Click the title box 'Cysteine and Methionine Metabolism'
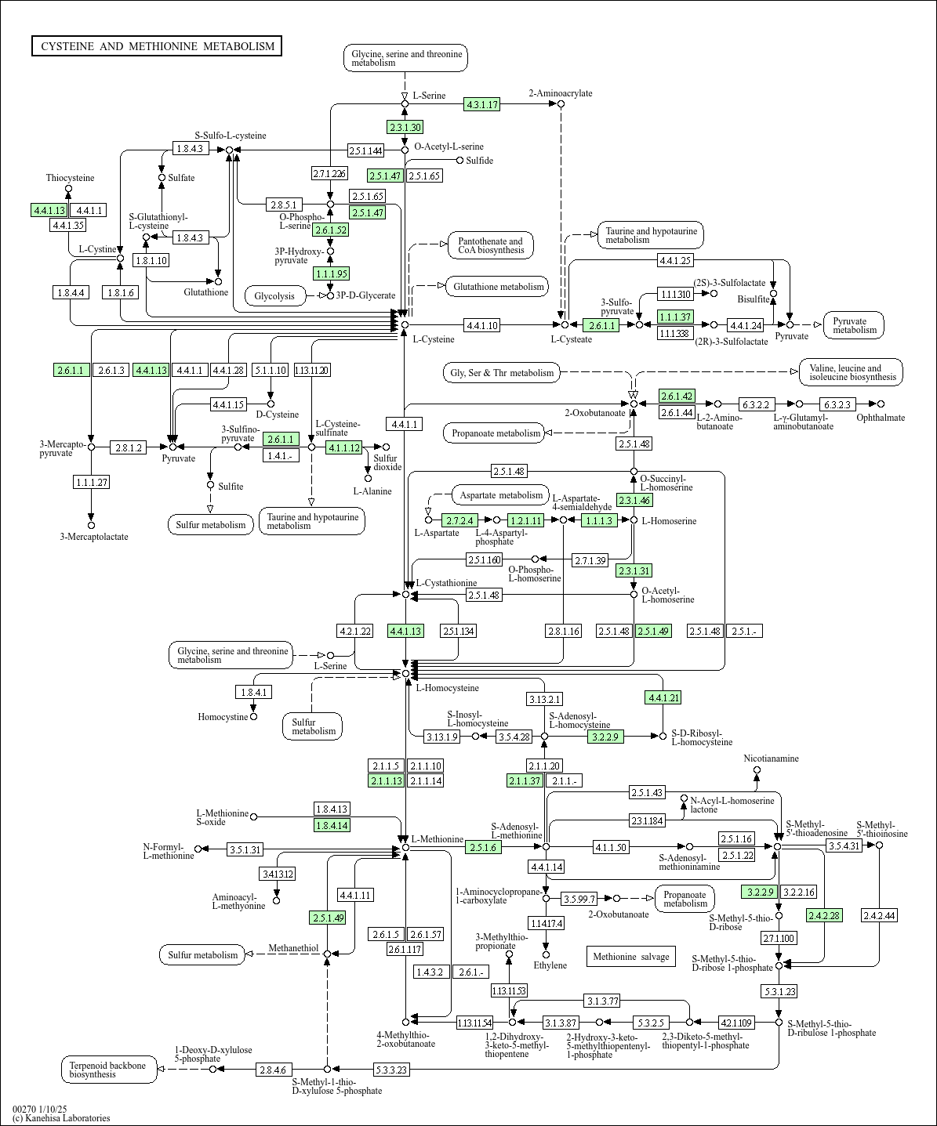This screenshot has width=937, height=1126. pyautogui.click(x=157, y=46)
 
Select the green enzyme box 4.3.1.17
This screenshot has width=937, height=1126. pyautogui.click(x=481, y=104)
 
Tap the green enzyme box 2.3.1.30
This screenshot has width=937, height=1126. pyautogui.click(x=405, y=127)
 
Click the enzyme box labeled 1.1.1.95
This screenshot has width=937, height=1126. pyautogui.click(x=330, y=273)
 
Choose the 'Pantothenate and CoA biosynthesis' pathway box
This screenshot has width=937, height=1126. pyautogui.click(x=491, y=245)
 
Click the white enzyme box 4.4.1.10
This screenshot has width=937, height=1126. pyautogui.click(x=481, y=324)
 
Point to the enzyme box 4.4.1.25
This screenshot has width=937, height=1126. pyautogui.click(x=674, y=260)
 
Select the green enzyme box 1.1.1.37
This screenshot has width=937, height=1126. pyautogui.click(x=675, y=317)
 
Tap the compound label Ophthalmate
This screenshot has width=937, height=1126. pyautogui.click(x=880, y=418)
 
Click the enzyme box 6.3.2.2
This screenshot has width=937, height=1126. pyautogui.click(x=755, y=404)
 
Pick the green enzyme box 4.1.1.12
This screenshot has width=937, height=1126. pyautogui.click(x=343, y=447)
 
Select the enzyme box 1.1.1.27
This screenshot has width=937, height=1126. pyautogui.click(x=91, y=482)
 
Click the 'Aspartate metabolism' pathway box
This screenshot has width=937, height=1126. pyautogui.click(x=501, y=495)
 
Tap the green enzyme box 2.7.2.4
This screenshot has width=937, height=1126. pyautogui.click(x=459, y=520)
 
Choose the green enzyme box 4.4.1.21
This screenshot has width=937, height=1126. pyautogui.click(x=663, y=697)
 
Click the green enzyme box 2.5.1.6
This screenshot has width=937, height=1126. pyautogui.click(x=483, y=847)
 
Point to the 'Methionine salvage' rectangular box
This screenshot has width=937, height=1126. pyautogui.click(x=630, y=956)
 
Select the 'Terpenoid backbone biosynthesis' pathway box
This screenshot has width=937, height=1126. pyautogui.click(x=109, y=1070)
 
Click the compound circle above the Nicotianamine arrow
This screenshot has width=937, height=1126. pyautogui.click(x=757, y=770)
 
